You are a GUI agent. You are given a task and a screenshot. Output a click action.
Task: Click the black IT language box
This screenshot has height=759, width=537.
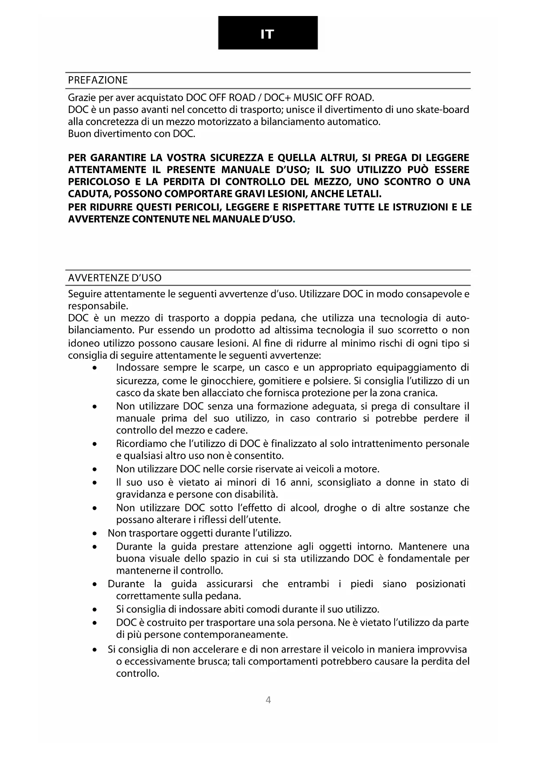point(268,33)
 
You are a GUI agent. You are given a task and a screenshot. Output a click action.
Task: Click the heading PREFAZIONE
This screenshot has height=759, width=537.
point(98,80)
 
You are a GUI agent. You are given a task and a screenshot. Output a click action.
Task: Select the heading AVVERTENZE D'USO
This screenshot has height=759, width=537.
point(115,278)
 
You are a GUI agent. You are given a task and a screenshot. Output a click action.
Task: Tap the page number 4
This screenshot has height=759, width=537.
point(268,700)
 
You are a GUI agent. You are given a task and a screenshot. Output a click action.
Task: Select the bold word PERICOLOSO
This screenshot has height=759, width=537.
point(99,181)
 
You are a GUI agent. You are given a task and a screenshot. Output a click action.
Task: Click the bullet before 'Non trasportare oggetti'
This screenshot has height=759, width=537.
point(94,533)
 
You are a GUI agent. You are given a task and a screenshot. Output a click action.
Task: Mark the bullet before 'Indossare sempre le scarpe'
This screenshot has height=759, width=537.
point(94,368)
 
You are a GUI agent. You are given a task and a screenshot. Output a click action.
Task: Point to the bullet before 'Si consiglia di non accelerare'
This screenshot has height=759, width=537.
point(94,650)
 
